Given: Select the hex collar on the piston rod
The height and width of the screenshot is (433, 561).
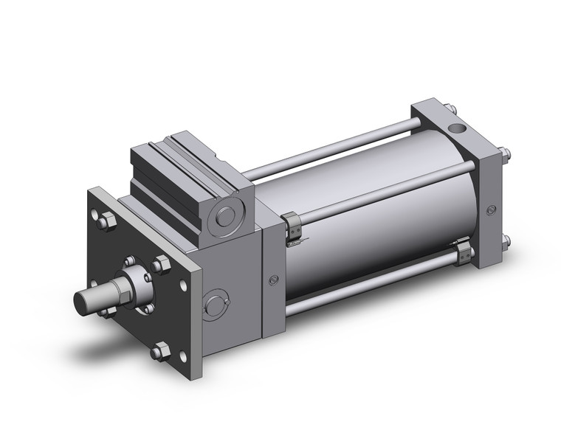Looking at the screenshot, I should tap(131, 283).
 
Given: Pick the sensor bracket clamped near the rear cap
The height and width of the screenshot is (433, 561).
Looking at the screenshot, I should tap(464, 254).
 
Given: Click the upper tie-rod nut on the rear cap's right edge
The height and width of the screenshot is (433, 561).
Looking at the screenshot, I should tap(507, 156).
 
